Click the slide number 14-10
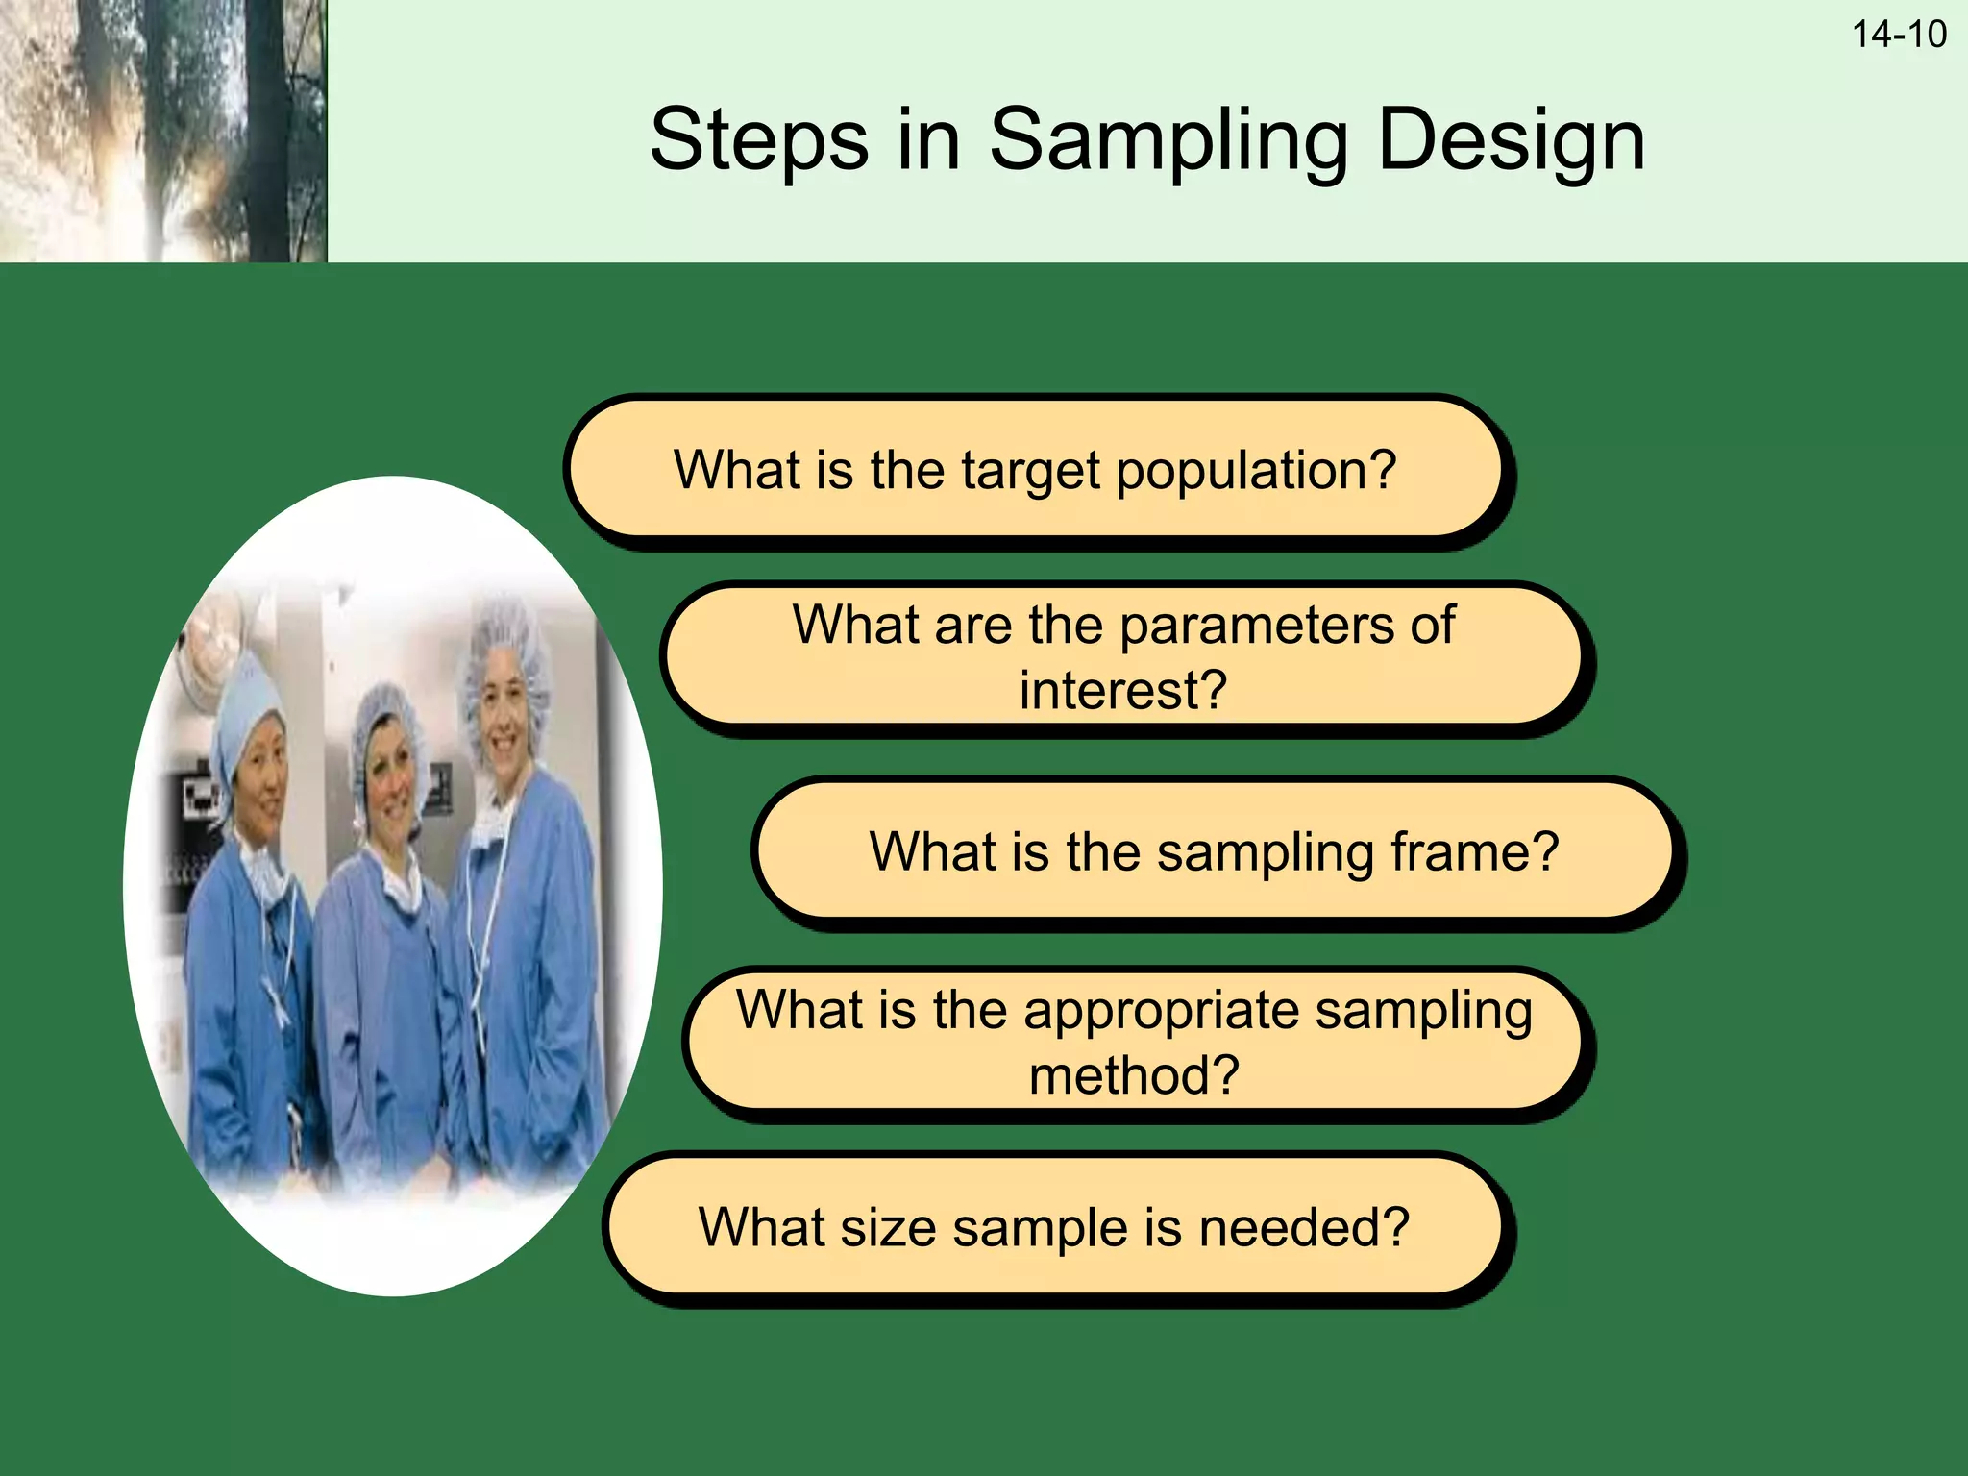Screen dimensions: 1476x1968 point(1898,35)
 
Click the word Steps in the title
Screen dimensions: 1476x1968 point(758,140)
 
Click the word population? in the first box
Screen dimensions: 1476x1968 point(1255,471)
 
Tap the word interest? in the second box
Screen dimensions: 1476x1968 point(1122,690)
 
